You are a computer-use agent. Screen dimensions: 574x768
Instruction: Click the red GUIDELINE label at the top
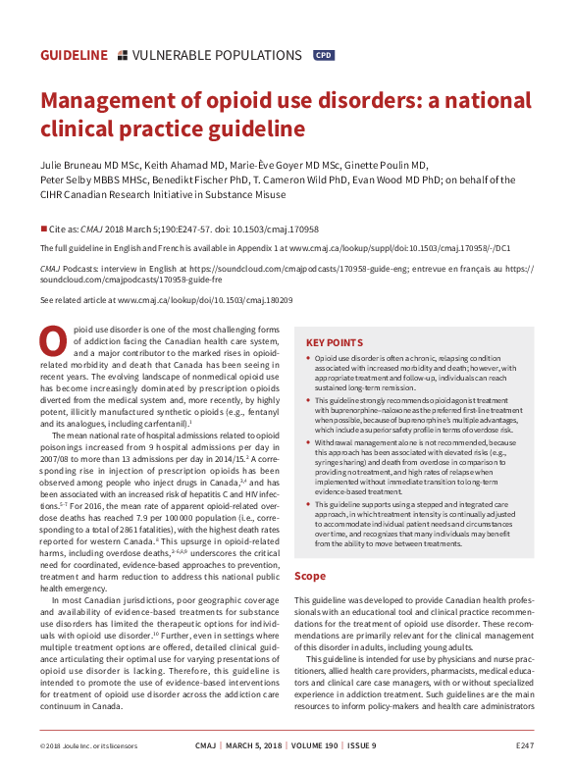point(74,56)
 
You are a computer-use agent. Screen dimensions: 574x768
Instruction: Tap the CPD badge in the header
point(323,56)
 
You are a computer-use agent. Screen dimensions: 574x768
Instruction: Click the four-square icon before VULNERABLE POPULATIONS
point(122,56)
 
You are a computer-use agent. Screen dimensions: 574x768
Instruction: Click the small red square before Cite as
point(44,224)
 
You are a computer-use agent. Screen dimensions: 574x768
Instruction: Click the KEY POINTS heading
point(338,342)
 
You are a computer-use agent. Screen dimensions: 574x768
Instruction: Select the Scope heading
point(310,577)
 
